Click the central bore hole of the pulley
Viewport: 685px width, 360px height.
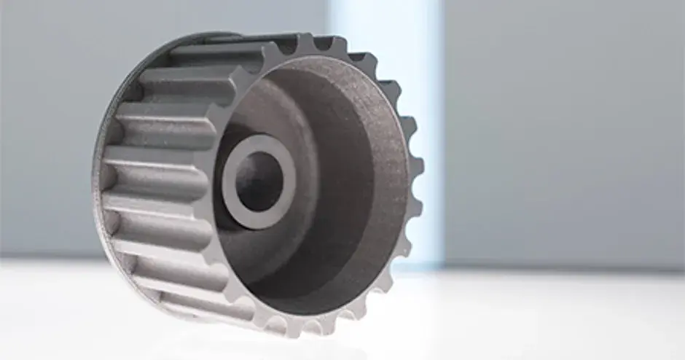click(258, 180)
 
